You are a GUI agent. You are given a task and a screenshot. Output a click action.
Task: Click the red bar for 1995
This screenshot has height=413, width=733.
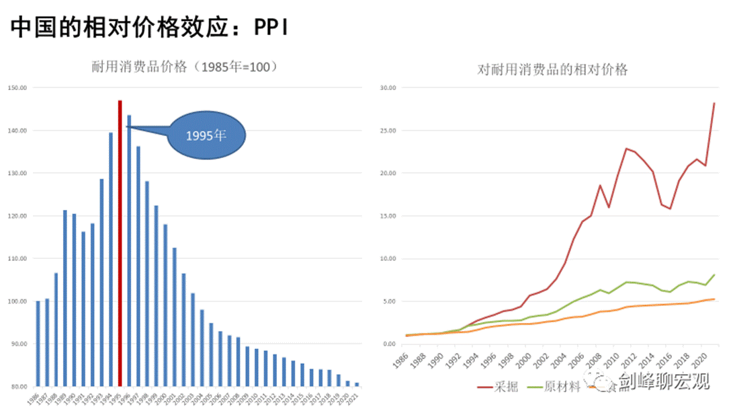pos(120,242)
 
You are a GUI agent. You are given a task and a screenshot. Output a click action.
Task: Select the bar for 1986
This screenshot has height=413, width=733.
pos(38,343)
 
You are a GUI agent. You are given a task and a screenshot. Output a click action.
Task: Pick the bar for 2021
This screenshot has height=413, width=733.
pos(356,385)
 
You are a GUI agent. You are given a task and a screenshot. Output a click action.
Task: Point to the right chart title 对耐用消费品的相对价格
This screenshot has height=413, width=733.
pos(552,69)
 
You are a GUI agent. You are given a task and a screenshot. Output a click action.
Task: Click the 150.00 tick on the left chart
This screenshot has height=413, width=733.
pos(17,87)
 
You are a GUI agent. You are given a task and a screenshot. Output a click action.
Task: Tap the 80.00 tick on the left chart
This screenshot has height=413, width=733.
pos(17,387)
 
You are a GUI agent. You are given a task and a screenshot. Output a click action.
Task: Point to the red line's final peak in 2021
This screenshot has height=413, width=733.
pos(714,104)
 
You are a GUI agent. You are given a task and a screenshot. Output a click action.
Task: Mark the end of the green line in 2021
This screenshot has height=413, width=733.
pos(714,274)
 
